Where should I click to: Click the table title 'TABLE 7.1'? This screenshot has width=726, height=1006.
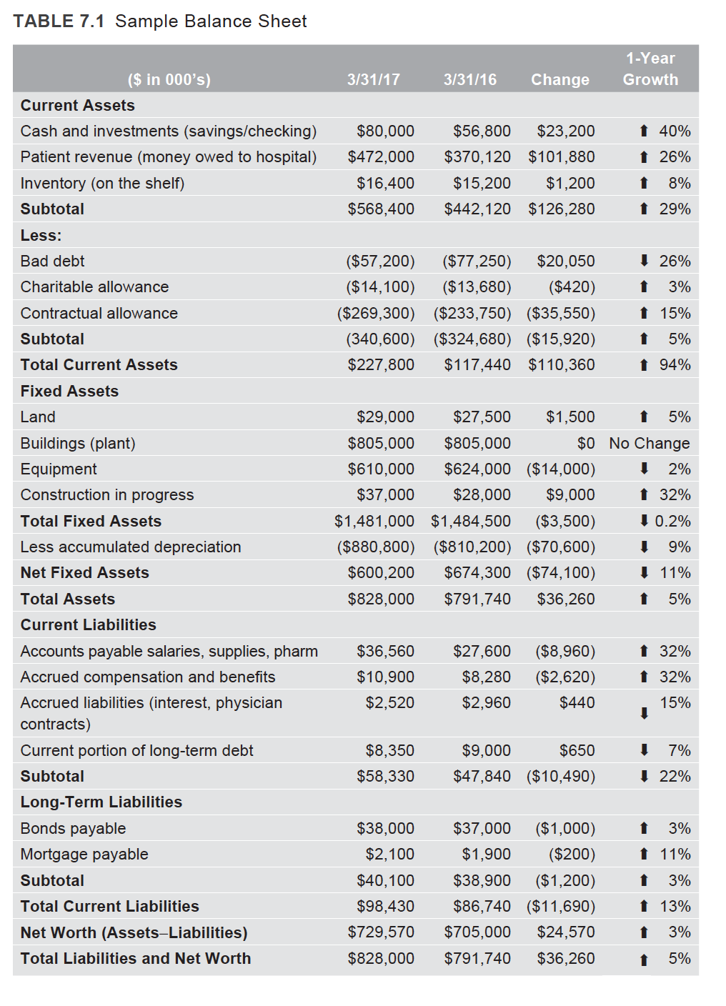[59, 21]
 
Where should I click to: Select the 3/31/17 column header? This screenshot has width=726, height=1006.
[373, 79]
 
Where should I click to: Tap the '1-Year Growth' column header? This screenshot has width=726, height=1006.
[650, 69]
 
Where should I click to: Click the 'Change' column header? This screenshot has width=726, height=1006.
[560, 79]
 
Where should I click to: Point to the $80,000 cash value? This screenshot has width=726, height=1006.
[385, 131]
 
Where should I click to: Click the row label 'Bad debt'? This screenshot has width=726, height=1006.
[52, 262]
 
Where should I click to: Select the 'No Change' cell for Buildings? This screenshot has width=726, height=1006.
[649, 444]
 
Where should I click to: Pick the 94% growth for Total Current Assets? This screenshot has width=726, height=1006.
[675, 365]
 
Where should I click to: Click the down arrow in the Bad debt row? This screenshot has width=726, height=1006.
[644, 261]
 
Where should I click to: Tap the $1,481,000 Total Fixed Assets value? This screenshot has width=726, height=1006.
[374, 522]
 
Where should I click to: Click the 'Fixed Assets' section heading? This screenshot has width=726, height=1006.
[69, 392]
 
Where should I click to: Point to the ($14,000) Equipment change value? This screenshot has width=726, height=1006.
[560, 469]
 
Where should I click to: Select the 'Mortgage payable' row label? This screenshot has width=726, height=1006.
[84, 855]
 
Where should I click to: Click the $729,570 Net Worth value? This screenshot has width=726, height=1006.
[380, 932]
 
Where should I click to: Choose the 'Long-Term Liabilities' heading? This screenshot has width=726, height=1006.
[101, 802]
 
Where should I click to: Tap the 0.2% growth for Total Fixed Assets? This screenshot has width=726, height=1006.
[672, 522]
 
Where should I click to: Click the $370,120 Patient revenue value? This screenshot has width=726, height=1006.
[477, 157]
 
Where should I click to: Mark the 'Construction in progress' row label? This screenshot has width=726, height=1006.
[107, 495]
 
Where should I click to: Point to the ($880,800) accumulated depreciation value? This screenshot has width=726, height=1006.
[375, 547]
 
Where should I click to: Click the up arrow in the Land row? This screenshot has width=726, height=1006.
[644, 417]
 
